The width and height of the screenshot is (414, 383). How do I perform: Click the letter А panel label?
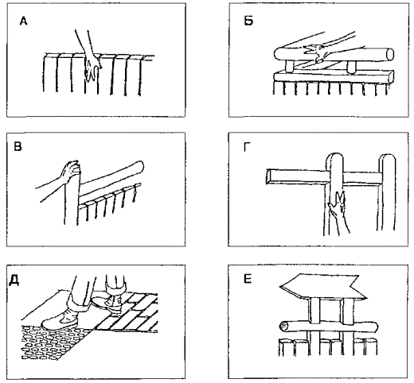[23, 21]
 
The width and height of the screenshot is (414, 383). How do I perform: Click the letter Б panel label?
[248, 21]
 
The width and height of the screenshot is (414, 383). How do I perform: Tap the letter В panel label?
[18, 146]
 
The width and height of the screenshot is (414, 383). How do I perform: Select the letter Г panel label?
[248, 147]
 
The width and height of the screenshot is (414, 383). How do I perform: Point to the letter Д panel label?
[14, 280]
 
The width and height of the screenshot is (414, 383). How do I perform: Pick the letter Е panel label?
[248, 279]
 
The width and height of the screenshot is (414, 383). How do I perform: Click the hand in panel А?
[92, 65]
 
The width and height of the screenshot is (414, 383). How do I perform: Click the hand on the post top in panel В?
[70, 172]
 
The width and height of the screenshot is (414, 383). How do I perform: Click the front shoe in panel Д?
[60, 319]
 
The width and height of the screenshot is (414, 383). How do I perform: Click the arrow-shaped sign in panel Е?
[322, 287]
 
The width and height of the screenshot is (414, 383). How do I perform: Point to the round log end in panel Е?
[283, 326]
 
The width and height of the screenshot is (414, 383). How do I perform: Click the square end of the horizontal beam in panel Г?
[268, 176]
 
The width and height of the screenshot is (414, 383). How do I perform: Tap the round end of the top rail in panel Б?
[389, 54]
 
